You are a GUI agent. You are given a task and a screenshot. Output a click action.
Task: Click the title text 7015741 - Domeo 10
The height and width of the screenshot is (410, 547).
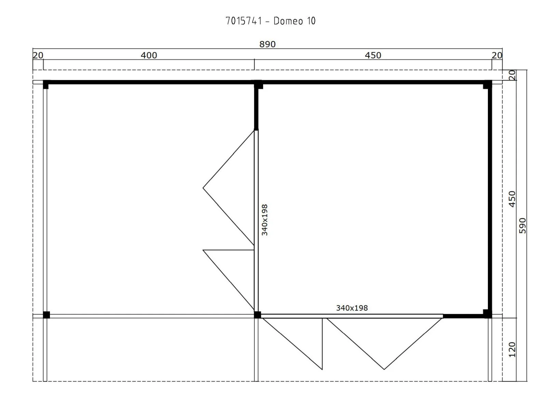coord(270,21)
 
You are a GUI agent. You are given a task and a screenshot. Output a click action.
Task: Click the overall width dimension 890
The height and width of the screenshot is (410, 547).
coord(268,44)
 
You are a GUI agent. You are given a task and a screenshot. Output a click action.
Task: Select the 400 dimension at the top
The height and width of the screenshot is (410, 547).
coord(149,55)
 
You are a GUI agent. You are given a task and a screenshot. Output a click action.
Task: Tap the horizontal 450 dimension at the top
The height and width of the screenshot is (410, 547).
coord(373,55)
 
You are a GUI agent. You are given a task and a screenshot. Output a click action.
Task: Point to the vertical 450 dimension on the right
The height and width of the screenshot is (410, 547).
coord(512,199)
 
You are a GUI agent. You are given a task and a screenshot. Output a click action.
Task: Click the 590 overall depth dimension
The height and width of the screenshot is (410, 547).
coord(522,226)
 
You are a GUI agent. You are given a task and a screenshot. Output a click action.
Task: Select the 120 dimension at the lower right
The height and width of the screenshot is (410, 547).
coord(512,350)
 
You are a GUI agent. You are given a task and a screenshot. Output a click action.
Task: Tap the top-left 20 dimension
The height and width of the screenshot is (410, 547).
coord(38,55)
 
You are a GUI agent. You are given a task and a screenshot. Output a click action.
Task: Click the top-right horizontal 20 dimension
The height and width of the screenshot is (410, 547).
coord(497,55)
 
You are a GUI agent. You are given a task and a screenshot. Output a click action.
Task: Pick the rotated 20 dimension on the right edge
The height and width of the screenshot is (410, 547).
coord(512,75)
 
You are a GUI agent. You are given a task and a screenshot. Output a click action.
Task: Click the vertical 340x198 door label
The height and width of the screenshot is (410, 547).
coord(264,220)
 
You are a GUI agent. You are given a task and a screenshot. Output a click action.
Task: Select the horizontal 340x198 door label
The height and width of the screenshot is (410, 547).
coord(352,308)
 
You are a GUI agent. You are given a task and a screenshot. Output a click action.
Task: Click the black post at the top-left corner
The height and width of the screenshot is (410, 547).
coord(46,85)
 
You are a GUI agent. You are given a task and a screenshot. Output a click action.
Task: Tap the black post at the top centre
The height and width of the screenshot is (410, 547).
coord(258,85)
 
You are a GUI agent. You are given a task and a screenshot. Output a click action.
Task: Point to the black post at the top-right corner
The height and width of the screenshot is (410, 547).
coord(487,85)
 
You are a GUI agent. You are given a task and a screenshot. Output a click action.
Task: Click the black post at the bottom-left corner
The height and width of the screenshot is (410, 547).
coord(46,315)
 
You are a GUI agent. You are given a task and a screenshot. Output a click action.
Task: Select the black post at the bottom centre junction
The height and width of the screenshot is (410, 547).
coord(257,315)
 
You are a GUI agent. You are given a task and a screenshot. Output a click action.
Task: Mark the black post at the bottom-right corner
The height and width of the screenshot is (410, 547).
coord(487,314)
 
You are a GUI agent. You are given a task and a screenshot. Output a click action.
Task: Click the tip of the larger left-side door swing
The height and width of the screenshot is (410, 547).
coord(203,188)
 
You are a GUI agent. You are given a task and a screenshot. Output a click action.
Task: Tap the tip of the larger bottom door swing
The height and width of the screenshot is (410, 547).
coord(384,369)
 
